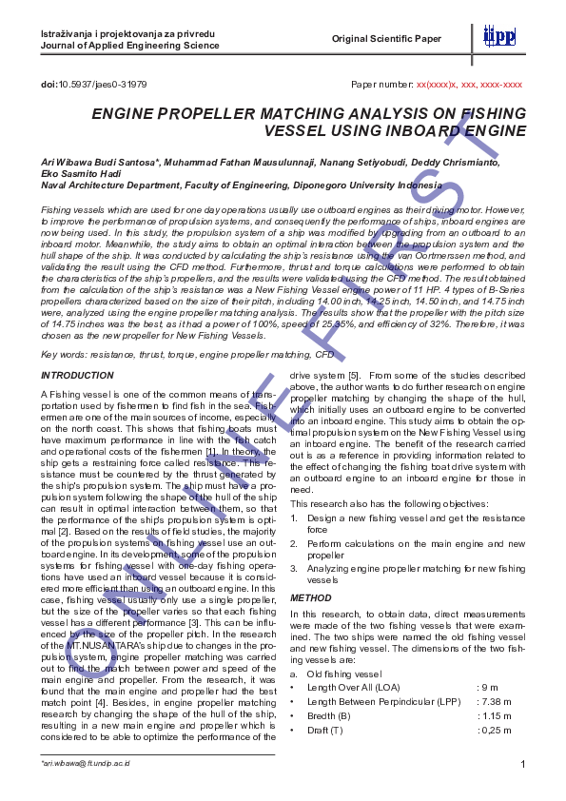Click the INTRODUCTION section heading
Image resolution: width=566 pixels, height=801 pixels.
(x=78, y=376)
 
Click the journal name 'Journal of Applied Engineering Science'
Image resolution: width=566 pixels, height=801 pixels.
(x=122, y=45)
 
